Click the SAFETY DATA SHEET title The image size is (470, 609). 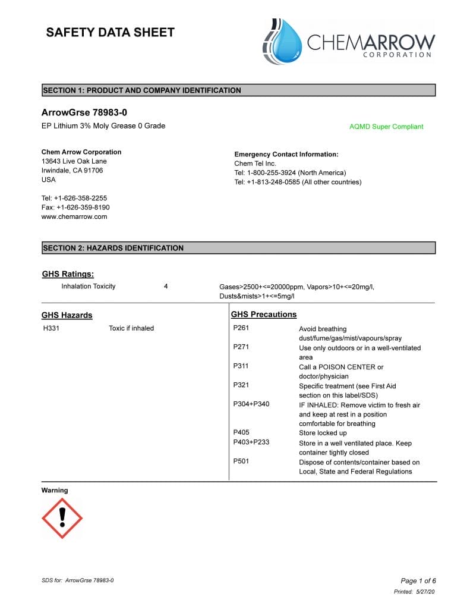point(110,33)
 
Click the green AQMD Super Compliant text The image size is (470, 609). point(386,127)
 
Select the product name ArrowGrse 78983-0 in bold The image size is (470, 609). point(84,112)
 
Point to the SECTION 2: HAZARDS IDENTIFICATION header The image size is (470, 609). point(113,248)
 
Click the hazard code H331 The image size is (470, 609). point(51,328)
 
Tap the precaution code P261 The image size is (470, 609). point(241,328)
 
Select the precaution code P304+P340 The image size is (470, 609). point(251,404)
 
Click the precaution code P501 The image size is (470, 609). point(241,462)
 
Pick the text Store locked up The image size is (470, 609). point(323,433)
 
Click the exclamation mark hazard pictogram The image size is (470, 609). point(62,518)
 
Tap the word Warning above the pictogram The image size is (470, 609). point(55,491)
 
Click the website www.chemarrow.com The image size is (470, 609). point(74,217)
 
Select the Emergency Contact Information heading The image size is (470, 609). point(286,155)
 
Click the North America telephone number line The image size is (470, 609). point(290,173)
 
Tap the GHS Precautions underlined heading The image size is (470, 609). point(264,315)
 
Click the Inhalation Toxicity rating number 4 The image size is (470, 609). point(166,287)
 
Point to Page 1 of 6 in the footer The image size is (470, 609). point(418,581)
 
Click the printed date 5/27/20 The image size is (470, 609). point(426,592)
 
